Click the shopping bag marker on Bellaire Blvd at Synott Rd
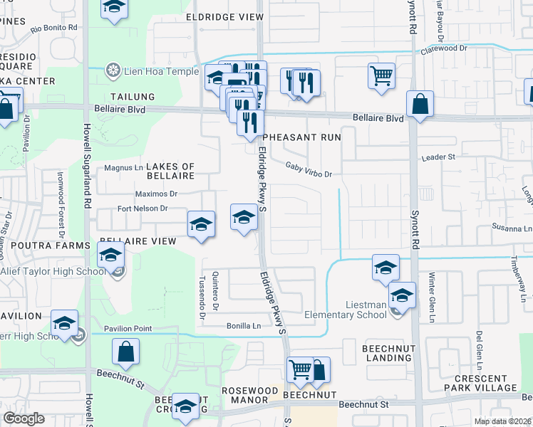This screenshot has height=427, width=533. tap(420, 104)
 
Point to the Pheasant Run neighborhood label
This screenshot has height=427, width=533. tap(302, 137)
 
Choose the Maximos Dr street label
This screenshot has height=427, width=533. tap(156, 193)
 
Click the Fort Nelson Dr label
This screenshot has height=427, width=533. tap(143, 209)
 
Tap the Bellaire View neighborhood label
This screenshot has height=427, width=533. tap(138, 241)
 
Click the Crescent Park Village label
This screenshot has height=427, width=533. tap(485, 382)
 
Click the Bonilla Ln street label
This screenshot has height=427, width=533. tap(243, 325)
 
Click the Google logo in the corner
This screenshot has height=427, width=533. tap(24, 418)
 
